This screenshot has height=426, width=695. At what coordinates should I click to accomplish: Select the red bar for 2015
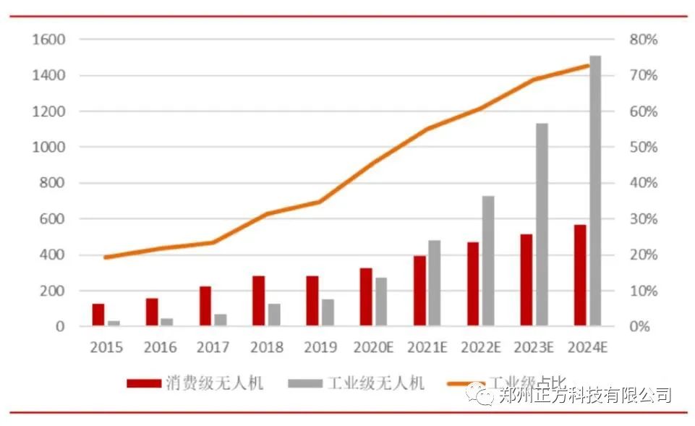98,315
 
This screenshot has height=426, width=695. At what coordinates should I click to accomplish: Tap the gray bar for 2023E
542,224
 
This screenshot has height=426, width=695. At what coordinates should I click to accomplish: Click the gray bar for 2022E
488,260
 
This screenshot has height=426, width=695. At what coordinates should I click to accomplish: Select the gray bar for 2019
328,312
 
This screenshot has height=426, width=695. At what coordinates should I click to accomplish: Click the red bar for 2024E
580,275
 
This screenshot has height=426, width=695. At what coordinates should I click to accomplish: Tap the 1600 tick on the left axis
48,40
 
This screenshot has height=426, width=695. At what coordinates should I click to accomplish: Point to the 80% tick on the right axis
644,40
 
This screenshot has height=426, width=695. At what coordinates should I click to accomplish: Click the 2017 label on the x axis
213,347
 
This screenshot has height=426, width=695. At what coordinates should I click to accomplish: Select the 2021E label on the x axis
427,347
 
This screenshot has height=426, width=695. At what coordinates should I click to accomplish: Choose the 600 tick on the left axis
53,218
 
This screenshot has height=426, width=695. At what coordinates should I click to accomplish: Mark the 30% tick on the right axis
644,218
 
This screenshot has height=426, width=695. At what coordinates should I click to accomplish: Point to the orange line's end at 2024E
588,66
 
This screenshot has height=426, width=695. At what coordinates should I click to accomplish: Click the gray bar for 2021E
435,283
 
